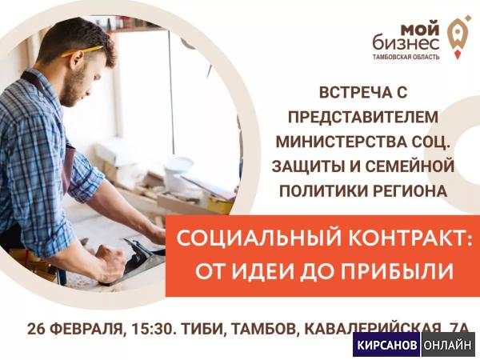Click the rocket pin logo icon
click(x=458, y=37)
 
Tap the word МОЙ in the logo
click(x=420, y=30)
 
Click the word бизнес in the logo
click(x=406, y=43)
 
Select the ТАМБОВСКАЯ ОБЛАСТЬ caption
click(x=406, y=57)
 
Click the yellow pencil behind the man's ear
click(x=82, y=51)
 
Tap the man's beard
click(x=74, y=89)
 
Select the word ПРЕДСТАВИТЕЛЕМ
click(x=362, y=117)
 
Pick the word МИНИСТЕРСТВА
click(x=336, y=142)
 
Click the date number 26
click(x=36, y=329)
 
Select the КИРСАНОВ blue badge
click(x=387, y=345)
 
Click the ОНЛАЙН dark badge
click(x=447, y=345)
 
